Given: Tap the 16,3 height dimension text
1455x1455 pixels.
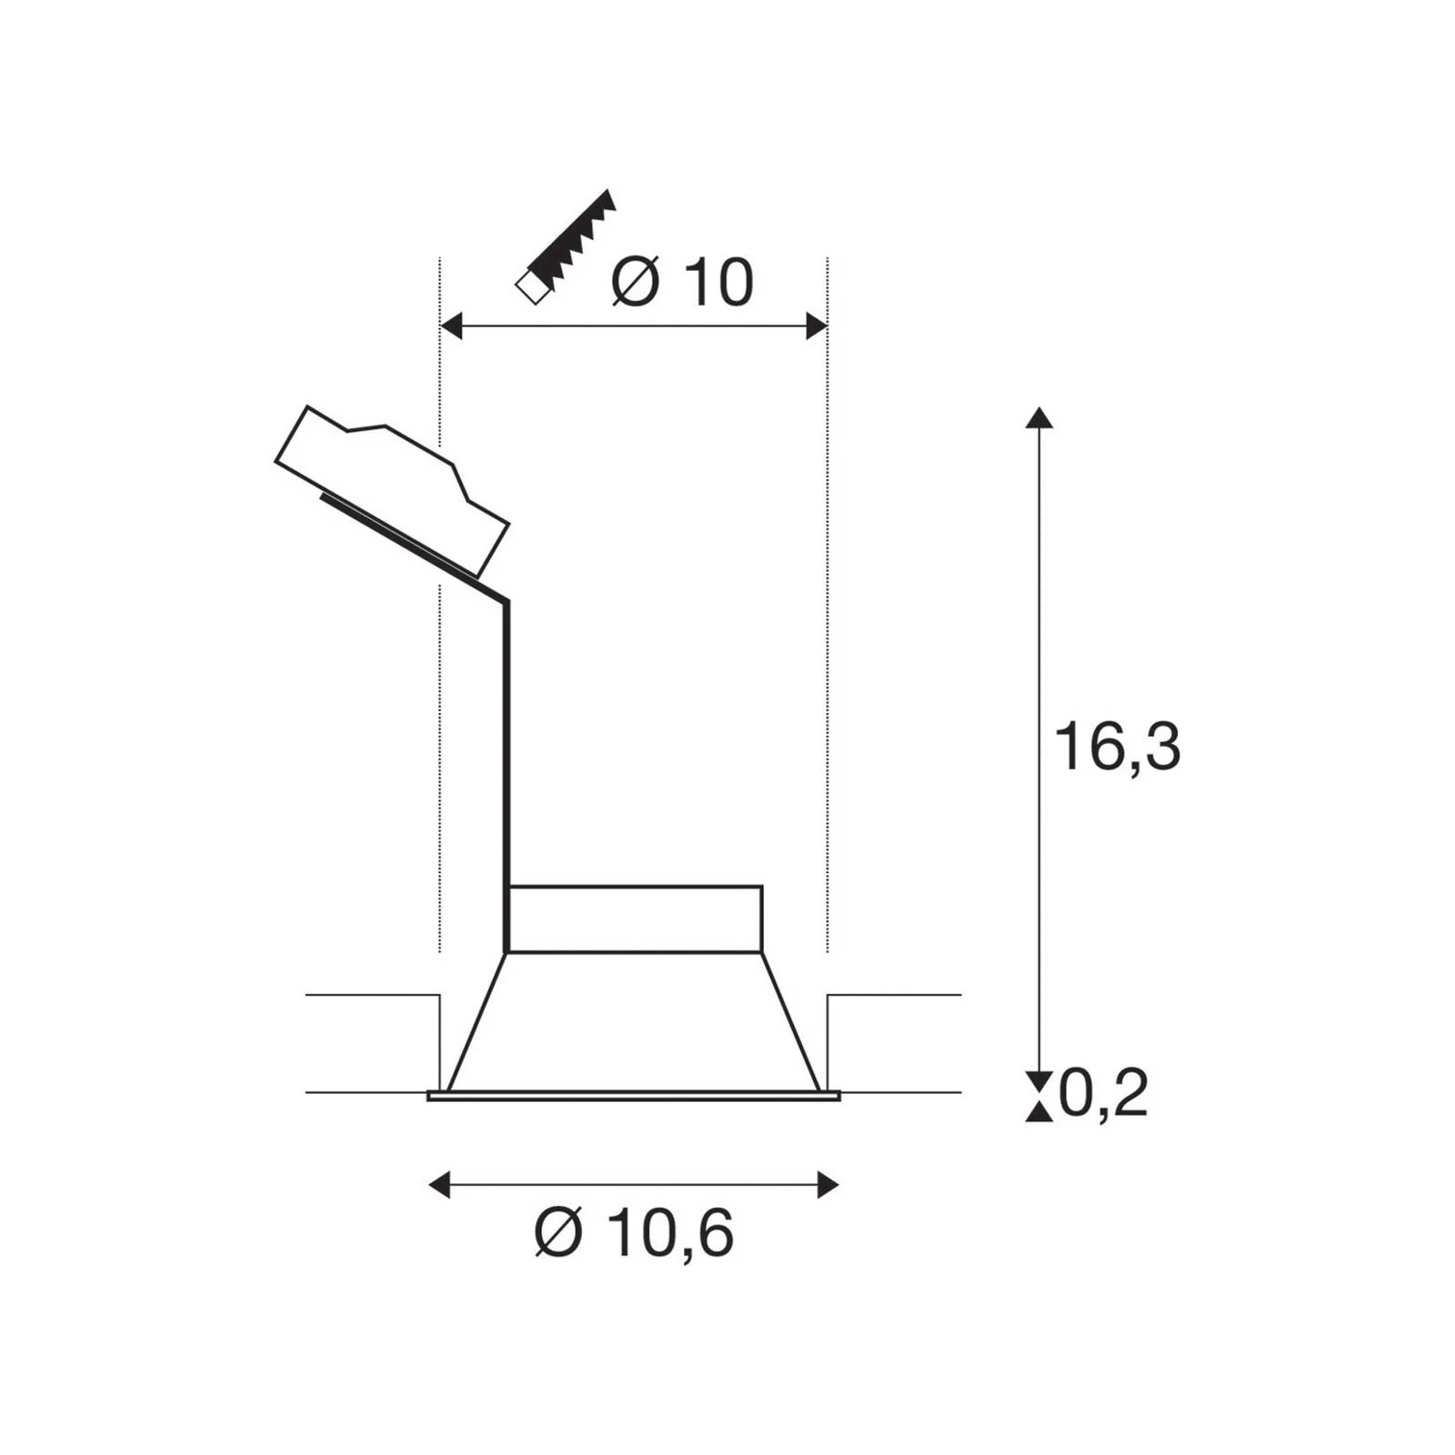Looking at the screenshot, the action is (x=1117, y=747).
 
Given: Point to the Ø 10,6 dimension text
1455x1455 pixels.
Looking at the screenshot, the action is (x=634, y=1233).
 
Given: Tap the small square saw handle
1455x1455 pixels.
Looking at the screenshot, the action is (x=530, y=288).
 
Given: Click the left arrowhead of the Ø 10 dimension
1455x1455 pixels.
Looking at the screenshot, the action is (x=451, y=326).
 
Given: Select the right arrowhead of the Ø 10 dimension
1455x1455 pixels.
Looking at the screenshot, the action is (x=817, y=326).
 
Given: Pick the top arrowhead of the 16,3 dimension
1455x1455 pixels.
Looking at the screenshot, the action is (x=1039, y=417).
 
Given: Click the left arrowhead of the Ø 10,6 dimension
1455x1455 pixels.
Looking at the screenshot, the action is (x=439, y=1185).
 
